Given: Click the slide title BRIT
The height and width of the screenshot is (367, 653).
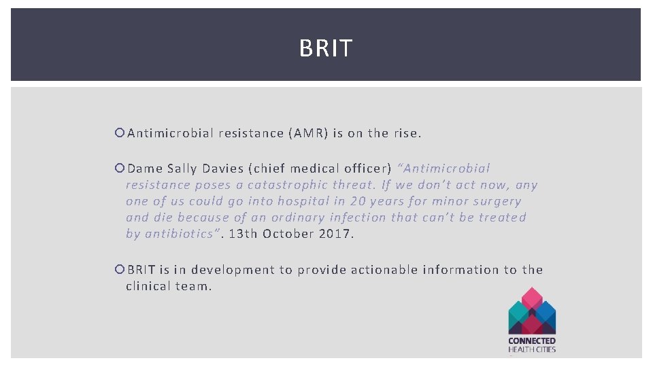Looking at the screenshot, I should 326,48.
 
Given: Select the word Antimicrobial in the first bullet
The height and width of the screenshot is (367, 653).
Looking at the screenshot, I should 171,133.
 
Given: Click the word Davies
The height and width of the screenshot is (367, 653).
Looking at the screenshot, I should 227,169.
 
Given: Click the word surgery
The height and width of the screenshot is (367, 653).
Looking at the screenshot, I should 495,201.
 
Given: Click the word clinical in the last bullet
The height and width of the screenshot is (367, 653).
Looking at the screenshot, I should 148,286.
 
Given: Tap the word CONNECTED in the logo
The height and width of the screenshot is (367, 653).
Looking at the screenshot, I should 532,340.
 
